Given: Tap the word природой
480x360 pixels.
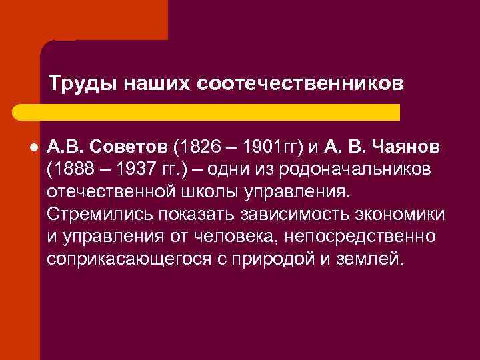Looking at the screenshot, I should click(x=291, y=259).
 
